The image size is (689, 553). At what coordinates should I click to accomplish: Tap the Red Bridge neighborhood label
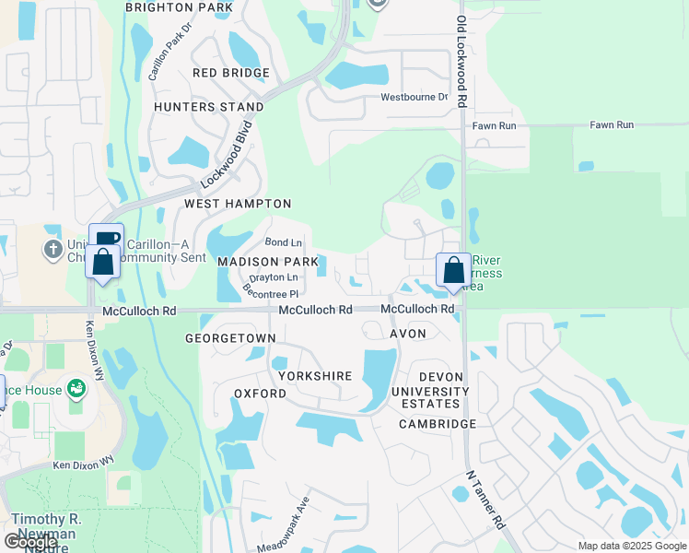(231, 73)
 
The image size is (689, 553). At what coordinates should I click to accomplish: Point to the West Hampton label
(238, 204)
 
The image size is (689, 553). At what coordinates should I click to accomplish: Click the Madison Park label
(267, 262)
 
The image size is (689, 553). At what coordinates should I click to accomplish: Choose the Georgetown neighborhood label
(230, 338)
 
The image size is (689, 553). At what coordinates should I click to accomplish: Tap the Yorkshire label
(315, 376)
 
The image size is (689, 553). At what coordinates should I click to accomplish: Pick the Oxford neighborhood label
(261, 394)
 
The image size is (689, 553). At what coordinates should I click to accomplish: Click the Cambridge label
(438, 424)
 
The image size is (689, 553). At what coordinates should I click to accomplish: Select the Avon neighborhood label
(408, 334)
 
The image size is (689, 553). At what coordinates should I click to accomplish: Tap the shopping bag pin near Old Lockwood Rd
(453, 271)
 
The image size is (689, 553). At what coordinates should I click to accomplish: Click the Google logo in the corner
(31, 542)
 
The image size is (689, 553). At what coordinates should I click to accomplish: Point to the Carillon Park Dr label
(174, 59)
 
